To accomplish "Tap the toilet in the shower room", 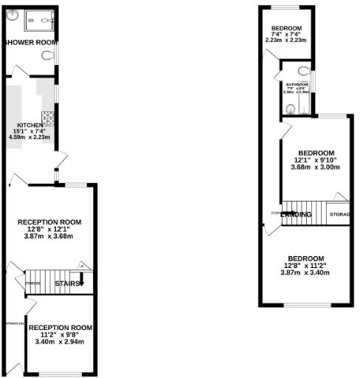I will click(x=48, y=55).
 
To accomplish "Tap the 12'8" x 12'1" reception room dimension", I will click(x=49, y=229).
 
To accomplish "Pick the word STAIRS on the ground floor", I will click(x=68, y=282).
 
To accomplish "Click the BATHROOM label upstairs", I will click(x=297, y=85).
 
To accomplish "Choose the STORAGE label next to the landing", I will click(x=339, y=215).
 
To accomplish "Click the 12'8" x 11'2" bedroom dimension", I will click(x=305, y=265).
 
